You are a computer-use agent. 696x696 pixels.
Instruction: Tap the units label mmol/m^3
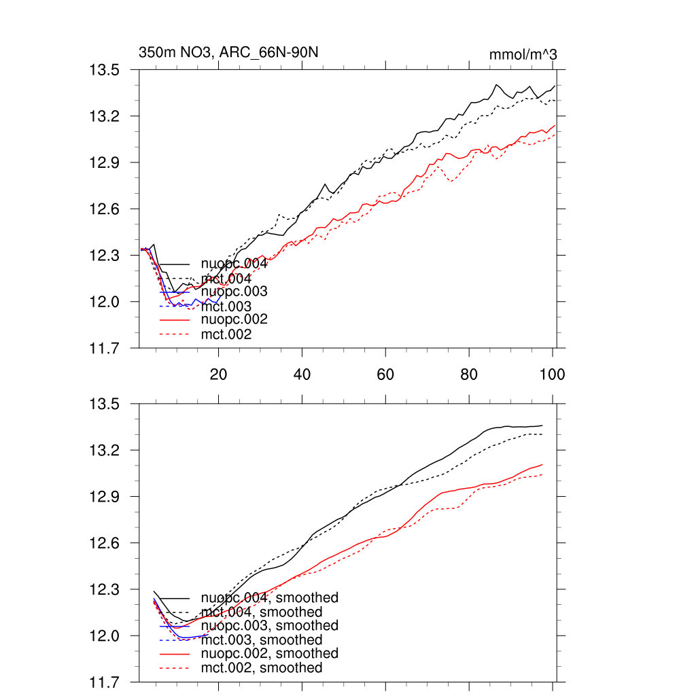(x=523, y=54)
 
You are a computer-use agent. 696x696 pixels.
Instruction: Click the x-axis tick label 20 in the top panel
(x=217, y=374)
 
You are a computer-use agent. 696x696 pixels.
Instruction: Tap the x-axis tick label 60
(x=385, y=374)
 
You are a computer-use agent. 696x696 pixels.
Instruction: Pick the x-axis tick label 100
(x=551, y=374)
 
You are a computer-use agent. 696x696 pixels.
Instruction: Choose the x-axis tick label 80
(x=469, y=374)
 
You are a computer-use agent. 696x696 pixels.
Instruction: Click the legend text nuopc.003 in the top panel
(x=234, y=292)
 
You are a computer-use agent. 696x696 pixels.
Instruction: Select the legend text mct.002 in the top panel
(x=226, y=334)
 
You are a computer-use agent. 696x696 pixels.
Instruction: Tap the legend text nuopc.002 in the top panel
(x=234, y=319)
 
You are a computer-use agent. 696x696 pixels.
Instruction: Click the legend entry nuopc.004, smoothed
(x=269, y=598)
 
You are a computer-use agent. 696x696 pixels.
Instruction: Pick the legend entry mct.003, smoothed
(x=262, y=640)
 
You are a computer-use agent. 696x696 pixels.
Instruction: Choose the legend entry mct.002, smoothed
(x=262, y=668)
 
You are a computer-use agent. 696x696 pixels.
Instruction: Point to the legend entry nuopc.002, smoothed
(x=269, y=653)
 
